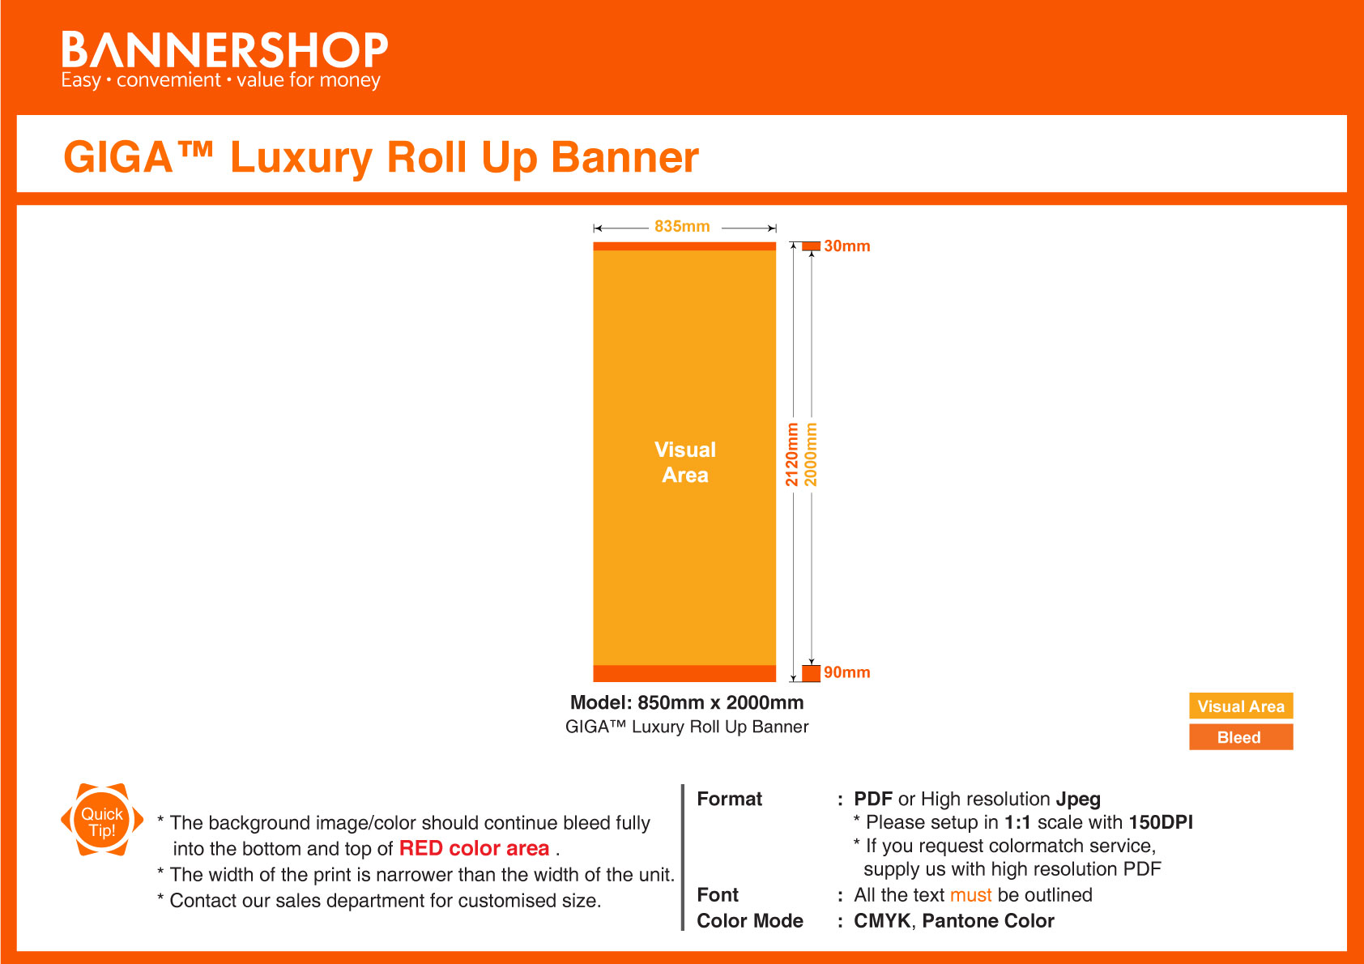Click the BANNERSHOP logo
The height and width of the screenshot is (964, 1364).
click(x=224, y=58)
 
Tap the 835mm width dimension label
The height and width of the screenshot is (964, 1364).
click(x=682, y=227)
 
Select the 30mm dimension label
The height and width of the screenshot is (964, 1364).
click(x=846, y=246)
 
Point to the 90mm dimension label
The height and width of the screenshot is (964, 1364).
click(x=846, y=672)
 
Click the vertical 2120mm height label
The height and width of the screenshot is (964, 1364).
click(x=792, y=454)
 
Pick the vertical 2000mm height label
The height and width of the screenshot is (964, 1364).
click(x=812, y=454)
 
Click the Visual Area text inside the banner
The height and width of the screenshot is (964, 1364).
click(x=685, y=463)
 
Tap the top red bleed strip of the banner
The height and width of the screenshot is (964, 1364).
click(x=684, y=246)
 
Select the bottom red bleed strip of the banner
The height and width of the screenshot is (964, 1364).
click(x=684, y=673)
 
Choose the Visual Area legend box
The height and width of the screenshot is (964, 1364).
click(x=1241, y=706)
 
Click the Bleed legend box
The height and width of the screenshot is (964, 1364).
click(x=1241, y=737)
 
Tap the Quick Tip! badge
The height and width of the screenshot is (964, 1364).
click(x=102, y=821)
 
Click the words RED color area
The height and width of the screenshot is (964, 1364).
click(x=474, y=848)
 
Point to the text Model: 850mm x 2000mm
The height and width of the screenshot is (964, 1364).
click(x=687, y=702)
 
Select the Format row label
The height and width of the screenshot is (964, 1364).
click(x=729, y=800)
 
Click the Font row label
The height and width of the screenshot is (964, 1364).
click(x=718, y=895)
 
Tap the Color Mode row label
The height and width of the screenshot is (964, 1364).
click(x=750, y=921)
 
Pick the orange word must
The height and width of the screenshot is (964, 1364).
click(x=970, y=895)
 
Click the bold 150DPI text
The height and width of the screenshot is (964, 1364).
click(x=1160, y=822)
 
